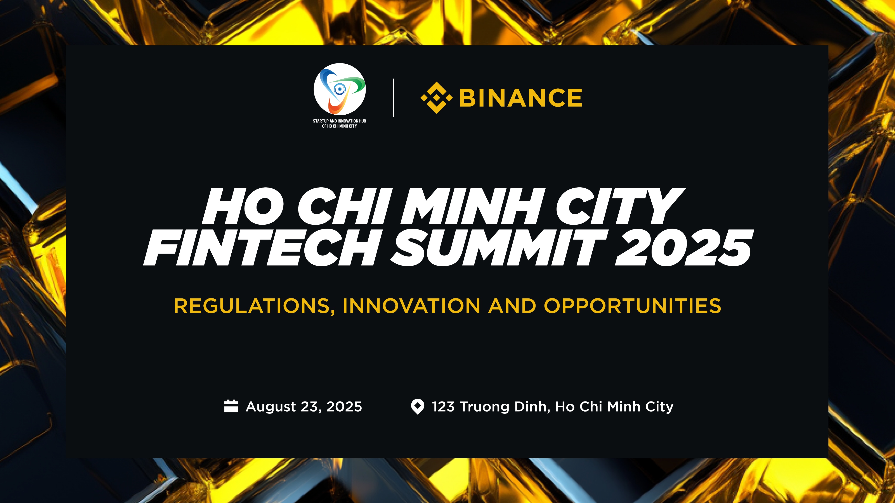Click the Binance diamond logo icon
click(436, 98)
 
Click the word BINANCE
click(520, 98)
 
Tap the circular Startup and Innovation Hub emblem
click(339, 89)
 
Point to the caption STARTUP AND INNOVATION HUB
click(339, 121)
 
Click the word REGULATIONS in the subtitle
click(254, 306)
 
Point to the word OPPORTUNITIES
click(632, 306)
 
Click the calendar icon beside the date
click(231, 406)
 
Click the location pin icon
click(417, 407)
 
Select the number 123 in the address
click(443, 407)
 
